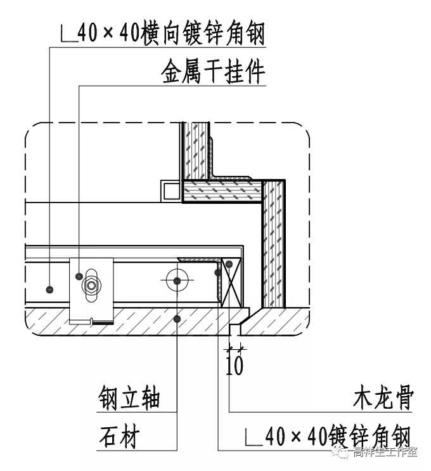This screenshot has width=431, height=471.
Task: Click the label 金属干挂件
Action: pos(213,73)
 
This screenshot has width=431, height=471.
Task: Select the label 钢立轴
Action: pos(129,399)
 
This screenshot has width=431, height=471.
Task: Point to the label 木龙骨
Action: pos(383,399)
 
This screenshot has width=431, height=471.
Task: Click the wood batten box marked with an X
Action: pos(231,282)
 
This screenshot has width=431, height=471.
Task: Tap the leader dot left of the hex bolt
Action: pos(78,277)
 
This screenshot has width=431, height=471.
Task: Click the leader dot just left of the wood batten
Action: pos(217,272)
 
